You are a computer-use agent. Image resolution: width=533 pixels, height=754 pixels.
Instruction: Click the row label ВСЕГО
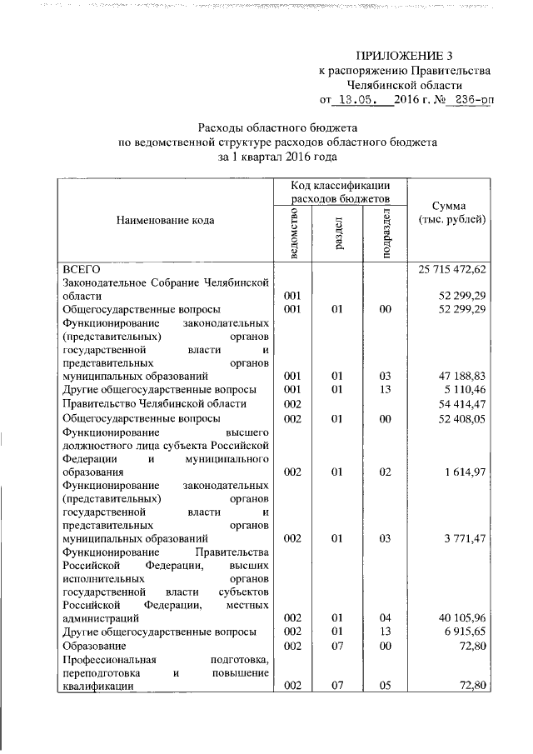coord(82,269)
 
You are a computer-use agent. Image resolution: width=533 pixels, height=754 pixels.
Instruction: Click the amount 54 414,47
coord(461,403)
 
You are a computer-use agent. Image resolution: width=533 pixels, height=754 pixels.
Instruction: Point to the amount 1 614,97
coord(463,472)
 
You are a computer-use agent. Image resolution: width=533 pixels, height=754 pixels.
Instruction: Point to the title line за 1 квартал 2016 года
coord(277,156)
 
